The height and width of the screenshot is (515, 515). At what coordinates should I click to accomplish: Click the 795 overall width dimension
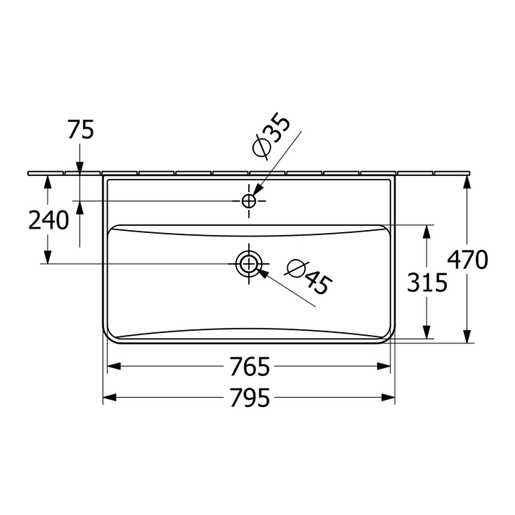pos(250,397)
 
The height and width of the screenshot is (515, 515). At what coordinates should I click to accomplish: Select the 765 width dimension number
pos(250,366)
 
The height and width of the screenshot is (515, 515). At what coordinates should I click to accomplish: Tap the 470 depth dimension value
pos(468,260)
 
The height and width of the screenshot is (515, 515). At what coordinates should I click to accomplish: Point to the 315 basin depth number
pos(427,283)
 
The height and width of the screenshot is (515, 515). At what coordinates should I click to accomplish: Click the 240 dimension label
pos(49,220)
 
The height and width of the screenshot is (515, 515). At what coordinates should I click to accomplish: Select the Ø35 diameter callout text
pos(271,136)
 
